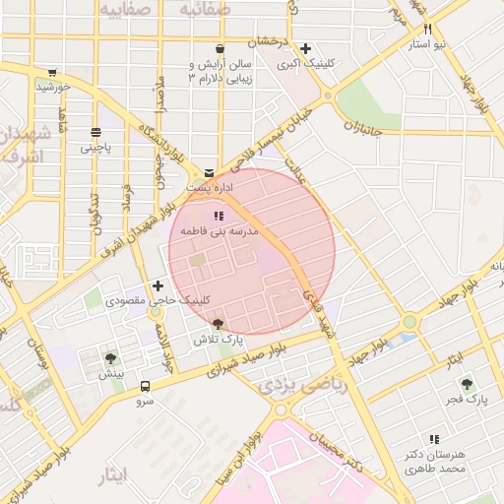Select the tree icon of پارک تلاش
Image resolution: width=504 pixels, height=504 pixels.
tap(218, 324)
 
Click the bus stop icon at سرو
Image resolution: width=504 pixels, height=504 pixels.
tap(146, 387)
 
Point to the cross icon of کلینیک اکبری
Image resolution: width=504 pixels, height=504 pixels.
tap(305, 48)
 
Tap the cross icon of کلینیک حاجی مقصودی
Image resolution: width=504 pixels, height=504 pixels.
tap(157, 285)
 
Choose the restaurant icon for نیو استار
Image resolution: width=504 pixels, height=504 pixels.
tap(427, 31)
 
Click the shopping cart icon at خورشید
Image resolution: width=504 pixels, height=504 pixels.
tap(51, 73)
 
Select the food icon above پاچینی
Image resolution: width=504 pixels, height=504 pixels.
tap(95, 132)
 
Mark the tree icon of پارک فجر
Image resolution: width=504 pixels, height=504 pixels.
tap(467, 384)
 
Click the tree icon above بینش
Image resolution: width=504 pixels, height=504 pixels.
tap(110, 359)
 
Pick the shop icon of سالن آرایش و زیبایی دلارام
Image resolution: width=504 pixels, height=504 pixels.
tap(219, 48)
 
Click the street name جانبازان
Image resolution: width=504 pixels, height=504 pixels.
tap(362, 127)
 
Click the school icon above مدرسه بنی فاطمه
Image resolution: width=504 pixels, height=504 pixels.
tap(219, 215)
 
